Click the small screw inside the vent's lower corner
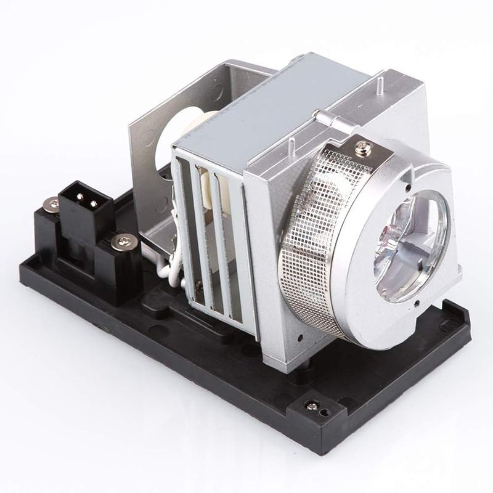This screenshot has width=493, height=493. pos(199,285)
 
